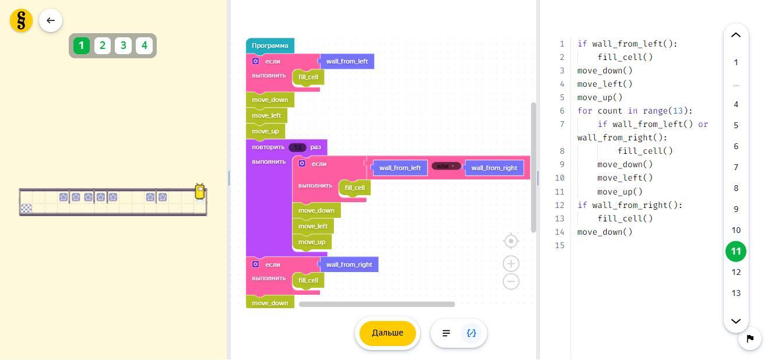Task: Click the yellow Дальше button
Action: click(387, 333)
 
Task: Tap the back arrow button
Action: click(51, 21)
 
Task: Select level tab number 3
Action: click(123, 45)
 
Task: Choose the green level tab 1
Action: click(82, 45)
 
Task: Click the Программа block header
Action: click(270, 45)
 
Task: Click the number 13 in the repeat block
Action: click(297, 147)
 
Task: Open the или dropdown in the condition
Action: click(446, 167)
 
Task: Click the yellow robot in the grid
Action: click(200, 192)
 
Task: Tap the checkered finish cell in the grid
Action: click(26, 209)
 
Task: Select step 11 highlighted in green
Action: click(736, 252)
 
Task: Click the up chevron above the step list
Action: click(736, 35)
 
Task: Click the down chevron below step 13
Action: click(736, 321)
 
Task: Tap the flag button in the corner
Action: click(750, 338)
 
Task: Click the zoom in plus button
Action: click(511, 264)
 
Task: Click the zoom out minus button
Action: click(511, 281)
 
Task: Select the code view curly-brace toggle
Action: click(471, 333)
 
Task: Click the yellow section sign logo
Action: click(22, 21)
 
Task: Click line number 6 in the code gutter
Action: click(562, 111)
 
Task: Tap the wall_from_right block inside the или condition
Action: click(494, 168)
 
